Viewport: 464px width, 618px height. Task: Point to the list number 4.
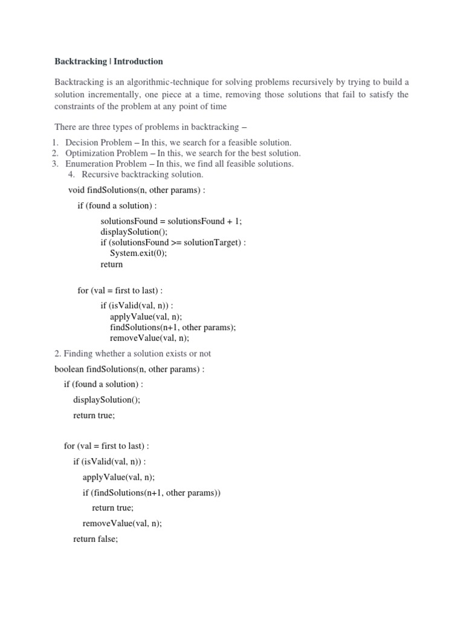pyautogui.click(x=71, y=174)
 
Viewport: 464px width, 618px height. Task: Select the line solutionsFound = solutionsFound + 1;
pyautogui.click(x=171, y=221)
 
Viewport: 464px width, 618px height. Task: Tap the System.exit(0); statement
pyautogui.click(x=138, y=253)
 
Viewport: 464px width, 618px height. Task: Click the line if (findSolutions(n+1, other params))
pyautogui.click(x=152, y=492)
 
